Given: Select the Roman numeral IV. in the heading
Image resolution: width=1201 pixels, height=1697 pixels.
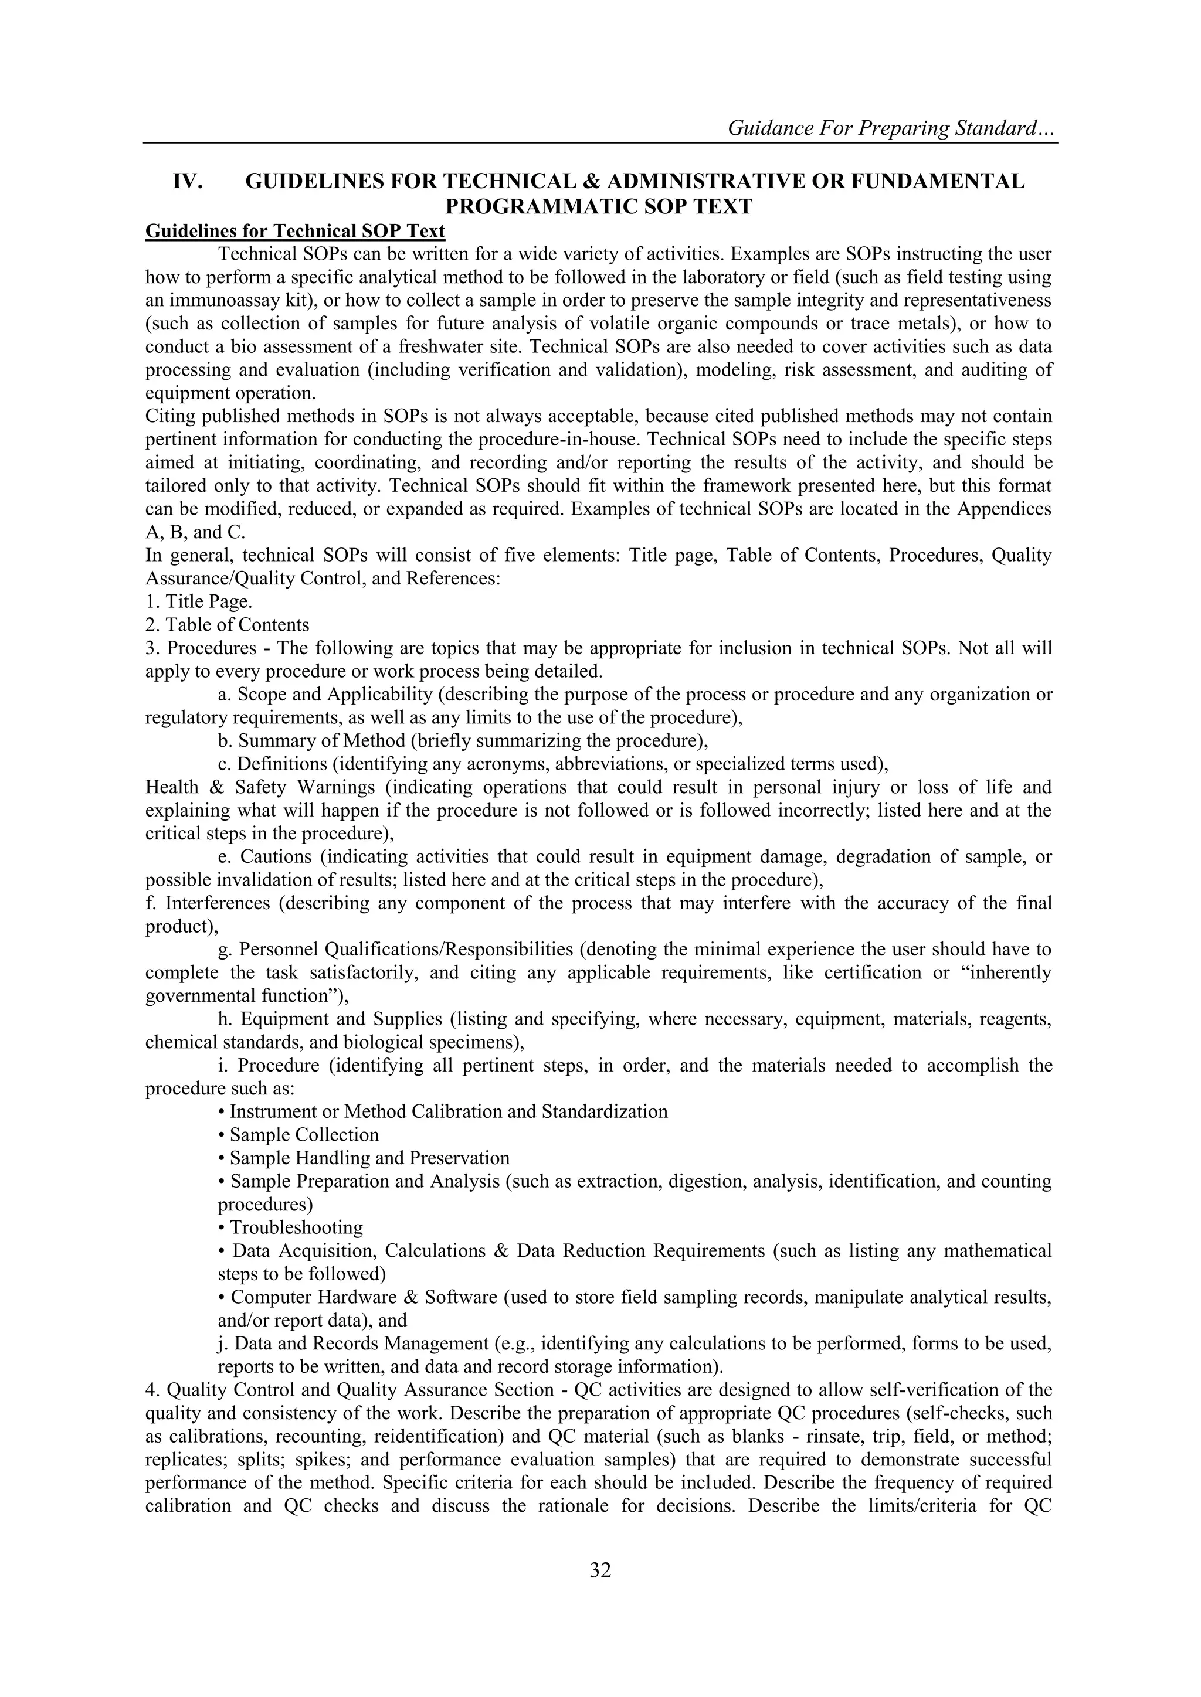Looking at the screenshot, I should click(x=188, y=182).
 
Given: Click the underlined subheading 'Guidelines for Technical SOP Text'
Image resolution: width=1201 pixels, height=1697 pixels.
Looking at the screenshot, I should click(x=295, y=232).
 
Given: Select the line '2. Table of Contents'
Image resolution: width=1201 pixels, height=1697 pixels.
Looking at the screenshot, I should click(x=227, y=624).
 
